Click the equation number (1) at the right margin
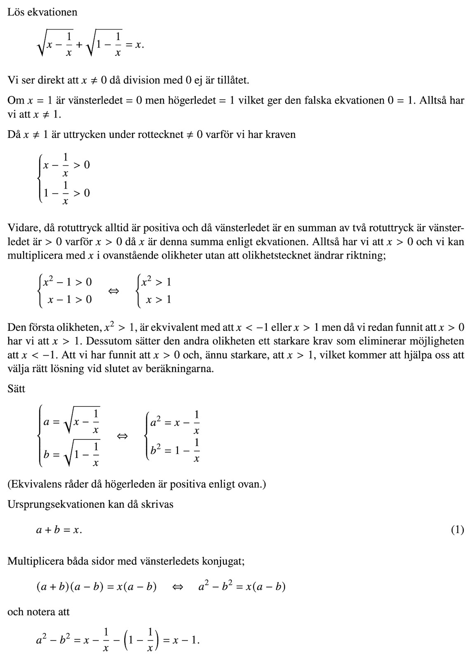tap(457, 530)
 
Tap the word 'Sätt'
tap(17, 389)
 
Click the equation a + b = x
tap(59, 530)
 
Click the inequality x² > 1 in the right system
tap(156, 282)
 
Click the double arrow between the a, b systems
tap(122, 436)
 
